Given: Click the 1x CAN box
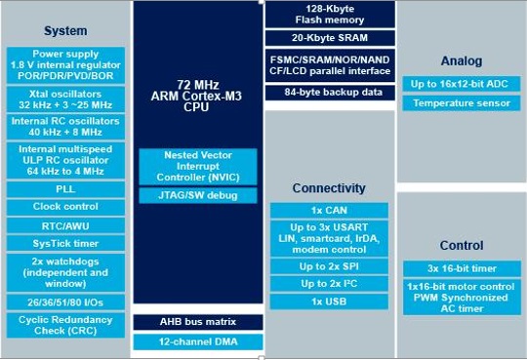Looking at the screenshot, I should [x=328, y=210].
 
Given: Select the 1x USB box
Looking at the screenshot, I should [x=328, y=302].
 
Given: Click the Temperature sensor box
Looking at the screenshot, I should [x=461, y=103].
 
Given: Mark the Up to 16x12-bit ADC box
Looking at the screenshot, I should [x=461, y=85].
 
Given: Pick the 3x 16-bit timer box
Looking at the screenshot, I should [x=461, y=267].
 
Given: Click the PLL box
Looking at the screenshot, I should [x=65, y=188].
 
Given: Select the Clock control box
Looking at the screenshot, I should [x=65, y=207].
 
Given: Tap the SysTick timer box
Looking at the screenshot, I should [x=65, y=244].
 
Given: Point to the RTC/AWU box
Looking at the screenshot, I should [x=65, y=225].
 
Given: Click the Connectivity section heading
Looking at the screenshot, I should [x=328, y=187].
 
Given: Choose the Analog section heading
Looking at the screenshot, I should [x=461, y=60].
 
